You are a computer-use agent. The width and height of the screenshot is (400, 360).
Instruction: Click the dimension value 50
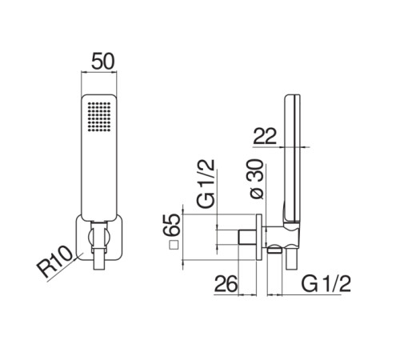102,62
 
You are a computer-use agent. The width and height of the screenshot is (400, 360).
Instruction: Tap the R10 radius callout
54,262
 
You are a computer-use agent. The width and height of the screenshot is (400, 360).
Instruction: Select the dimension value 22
265,136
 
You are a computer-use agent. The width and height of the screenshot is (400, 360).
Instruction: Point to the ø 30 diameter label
257,179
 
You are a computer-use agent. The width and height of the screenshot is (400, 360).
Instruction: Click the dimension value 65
172,224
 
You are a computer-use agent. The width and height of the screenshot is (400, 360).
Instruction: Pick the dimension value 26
226,284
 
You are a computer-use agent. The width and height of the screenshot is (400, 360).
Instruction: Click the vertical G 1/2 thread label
206,183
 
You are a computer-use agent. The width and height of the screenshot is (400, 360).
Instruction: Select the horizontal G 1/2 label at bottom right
326,284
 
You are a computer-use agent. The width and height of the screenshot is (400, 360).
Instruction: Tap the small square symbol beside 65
174,245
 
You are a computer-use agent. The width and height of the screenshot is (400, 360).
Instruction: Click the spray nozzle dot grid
99,117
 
